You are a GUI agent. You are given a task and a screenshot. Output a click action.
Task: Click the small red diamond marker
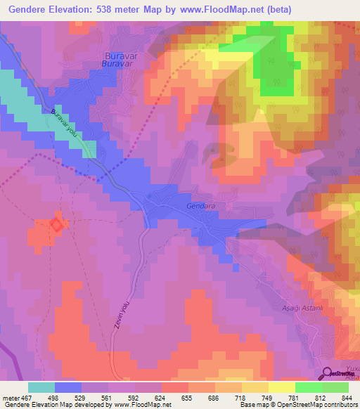(56, 224)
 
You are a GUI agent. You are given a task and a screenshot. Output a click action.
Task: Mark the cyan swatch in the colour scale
(41, 387)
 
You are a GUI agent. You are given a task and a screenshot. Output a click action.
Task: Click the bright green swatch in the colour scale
(309, 387)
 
